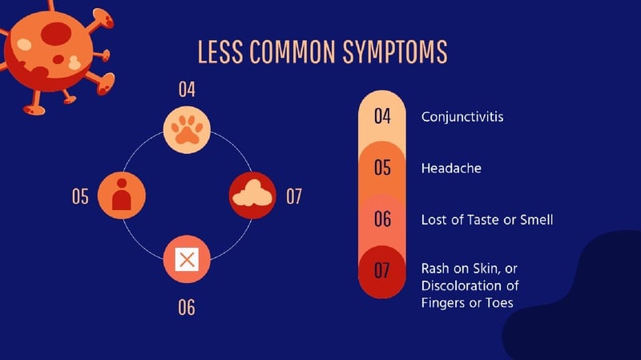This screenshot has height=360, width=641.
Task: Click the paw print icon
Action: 187,130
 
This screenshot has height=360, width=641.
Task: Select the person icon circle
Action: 122,195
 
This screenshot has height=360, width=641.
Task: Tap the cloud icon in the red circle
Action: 252,193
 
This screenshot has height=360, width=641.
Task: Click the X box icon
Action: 187,259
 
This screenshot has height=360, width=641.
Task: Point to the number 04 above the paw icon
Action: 187,89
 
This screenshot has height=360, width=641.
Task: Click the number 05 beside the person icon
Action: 80,196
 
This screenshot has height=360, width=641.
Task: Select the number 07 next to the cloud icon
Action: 294,196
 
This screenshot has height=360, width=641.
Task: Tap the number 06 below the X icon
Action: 187,307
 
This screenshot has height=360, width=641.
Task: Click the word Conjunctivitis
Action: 462,117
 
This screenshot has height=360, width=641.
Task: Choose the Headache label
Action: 451,168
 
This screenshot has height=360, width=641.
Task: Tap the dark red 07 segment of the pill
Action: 382,272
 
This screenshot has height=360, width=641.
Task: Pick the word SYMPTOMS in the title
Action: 395,52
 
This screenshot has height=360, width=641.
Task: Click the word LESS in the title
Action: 220,52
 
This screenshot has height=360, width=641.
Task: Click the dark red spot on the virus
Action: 56,34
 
